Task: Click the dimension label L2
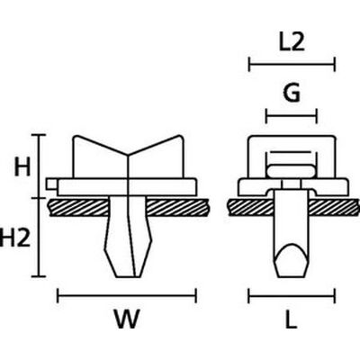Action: pyautogui.click(x=292, y=43)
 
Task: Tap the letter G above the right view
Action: pyautogui.click(x=292, y=94)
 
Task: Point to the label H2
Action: pyautogui.click(x=15, y=236)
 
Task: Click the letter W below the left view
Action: pyautogui.click(x=127, y=319)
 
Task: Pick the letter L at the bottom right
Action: pyautogui.click(x=291, y=319)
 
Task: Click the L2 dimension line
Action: pyautogui.click(x=292, y=64)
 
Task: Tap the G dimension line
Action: pyautogui.click(x=292, y=116)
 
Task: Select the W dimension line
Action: pyautogui.click(x=127, y=296)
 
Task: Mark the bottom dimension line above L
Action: pyautogui.click(x=292, y=296)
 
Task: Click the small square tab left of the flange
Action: pyautogui.click(x=51, y=184)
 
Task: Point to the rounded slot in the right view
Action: pyautogui.click(x=292, y=172)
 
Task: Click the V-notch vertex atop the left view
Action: pyautogui.click(x=128, y=155)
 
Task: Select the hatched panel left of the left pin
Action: pyautogui.click(x=78, y=207)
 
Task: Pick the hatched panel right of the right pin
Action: pyautogui.click(x=334, y=207)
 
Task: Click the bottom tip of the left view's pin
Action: pyautogui.click(x=129, y=276)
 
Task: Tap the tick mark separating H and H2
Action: pyautogui.click(x=39, y=198)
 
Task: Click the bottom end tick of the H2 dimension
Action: pyautogui.click(x=39, y=276)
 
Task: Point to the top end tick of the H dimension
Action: pyautogui.click(x=39, y=135)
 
